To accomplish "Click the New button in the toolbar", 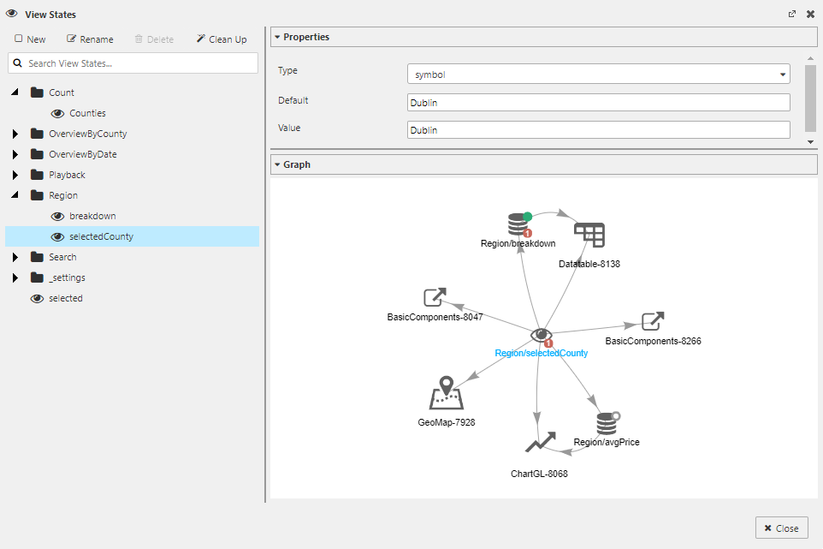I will click(31, 39).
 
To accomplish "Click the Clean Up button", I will click(222, 39).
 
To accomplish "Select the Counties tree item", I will click(87, 113).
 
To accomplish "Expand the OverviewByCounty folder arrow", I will click(15, 134).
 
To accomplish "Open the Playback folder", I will click(67, 175).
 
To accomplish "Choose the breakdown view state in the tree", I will click(92, 216).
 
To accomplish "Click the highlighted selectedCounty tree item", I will click(101, 236).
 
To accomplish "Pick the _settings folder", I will click(67, 277).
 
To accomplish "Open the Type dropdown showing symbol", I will click(598, 75).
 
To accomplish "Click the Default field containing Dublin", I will click(598, 103).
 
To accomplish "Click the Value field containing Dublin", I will click(598, 130).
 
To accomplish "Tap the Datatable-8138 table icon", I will click(589, 235).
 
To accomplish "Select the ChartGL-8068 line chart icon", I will click(540, 442).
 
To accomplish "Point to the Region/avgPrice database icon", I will click(607, 423).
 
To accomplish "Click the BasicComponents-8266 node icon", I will click(653, 321).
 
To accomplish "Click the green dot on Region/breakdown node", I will click(528, 217).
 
